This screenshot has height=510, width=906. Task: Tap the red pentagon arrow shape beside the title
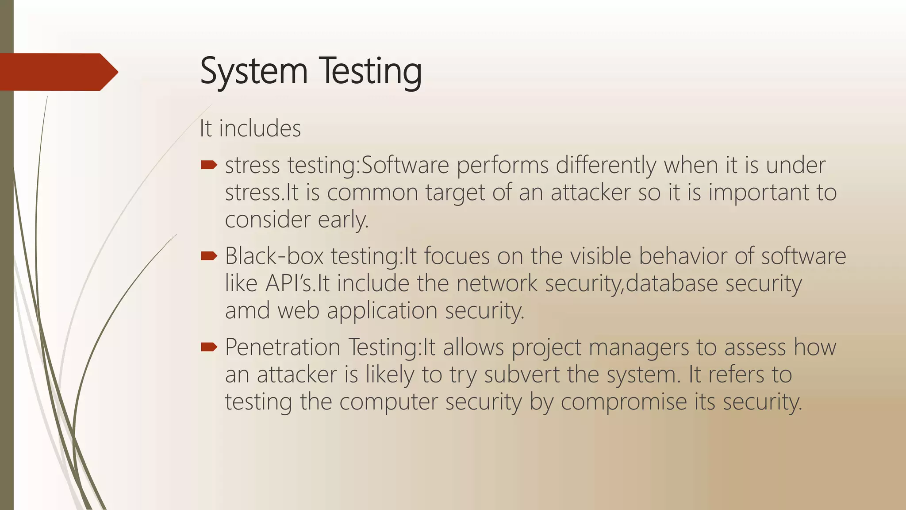coord(58,72)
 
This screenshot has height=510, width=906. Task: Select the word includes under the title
coord(260,129)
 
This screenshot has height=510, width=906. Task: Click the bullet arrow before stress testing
coord(209,166)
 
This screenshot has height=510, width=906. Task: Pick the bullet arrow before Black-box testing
coord(209,256)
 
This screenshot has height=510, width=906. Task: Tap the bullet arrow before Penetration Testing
coord(209,347)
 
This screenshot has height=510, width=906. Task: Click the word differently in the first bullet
coord(606,166)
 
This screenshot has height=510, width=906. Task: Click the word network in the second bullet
coord(497,284)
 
